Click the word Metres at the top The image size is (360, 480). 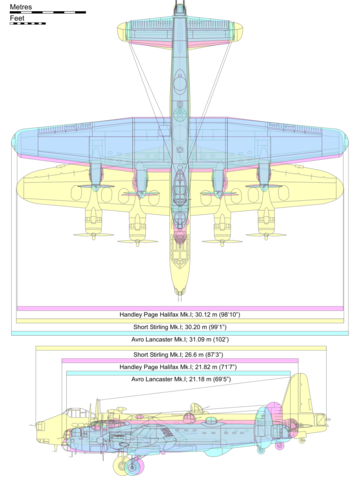(21, 5)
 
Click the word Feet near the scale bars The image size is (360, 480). (17, 18)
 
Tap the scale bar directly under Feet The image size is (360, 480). (27, 23)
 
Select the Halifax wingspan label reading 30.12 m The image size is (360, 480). (180, 313)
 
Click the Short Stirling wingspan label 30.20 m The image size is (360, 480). (180, 326)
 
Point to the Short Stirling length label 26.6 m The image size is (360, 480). (179, 354)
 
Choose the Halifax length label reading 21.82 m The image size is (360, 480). (179, 367)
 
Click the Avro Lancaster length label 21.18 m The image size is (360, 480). (179, 380)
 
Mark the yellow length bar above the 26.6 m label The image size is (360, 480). (180, 347)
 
